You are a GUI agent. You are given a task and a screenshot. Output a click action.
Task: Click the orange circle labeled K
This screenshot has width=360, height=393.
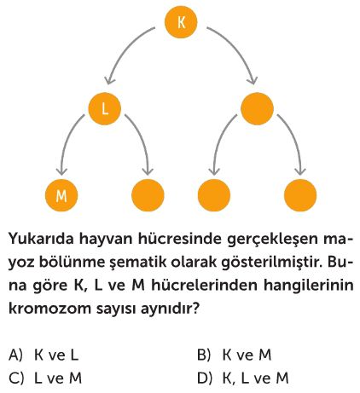(x=181, y=22)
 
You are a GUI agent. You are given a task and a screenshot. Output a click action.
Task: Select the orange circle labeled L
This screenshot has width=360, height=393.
(x=105, y=108)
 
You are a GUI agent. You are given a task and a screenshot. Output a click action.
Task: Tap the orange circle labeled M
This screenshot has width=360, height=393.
(x=61, y=195)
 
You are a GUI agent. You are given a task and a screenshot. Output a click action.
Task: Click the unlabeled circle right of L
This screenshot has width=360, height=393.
(x=257, y=108)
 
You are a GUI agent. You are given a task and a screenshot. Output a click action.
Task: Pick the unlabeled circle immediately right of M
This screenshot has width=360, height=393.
(x=148, y=195)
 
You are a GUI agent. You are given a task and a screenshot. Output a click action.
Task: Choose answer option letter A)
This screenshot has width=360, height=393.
(x=15, y=355)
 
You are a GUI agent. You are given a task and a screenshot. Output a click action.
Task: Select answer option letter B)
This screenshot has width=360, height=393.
(x=204, y=355)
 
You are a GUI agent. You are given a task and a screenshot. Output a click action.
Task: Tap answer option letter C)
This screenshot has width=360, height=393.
(x=16, y=379)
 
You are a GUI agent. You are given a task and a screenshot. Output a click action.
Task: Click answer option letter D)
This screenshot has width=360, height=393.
(x=205, y=379)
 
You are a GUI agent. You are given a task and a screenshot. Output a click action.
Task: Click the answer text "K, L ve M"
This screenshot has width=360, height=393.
(x=256, y=379)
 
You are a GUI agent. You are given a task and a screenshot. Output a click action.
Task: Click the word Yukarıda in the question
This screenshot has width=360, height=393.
(x=41, y=239)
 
